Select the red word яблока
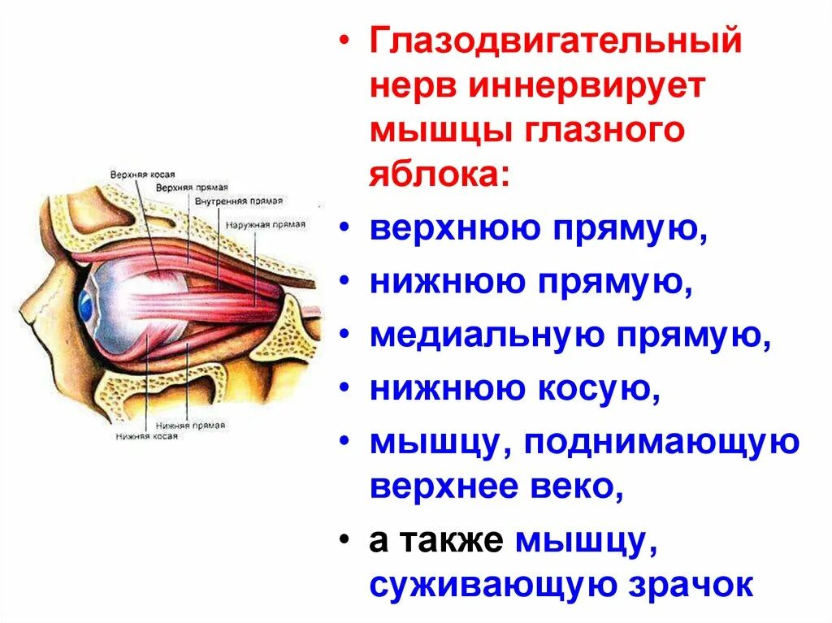[x=435, y=175]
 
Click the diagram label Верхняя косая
[x=143, y=174]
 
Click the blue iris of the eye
[x=85, y=305]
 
